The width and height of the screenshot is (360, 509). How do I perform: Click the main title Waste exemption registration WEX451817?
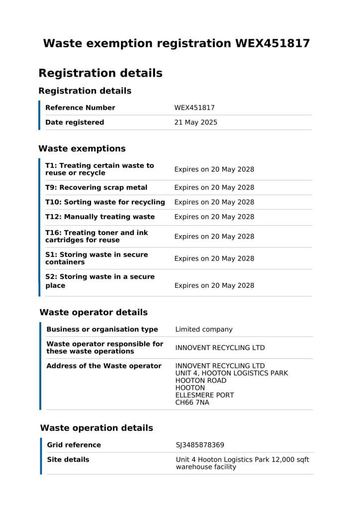(176, 44)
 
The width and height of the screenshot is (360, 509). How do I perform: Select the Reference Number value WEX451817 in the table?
(194, 108)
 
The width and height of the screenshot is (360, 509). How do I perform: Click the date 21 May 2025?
(195, 122)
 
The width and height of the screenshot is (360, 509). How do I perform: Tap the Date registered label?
(75, 122)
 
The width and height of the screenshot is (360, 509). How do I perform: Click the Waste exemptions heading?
(82, 149)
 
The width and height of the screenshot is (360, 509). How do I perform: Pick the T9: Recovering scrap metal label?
(96, 187)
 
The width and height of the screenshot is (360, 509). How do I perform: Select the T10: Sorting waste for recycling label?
(105, 202)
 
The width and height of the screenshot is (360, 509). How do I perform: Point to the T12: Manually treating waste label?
(100, 217)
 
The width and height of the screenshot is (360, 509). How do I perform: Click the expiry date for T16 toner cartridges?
(214, 237)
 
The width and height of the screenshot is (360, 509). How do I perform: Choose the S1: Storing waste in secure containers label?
(96, 258)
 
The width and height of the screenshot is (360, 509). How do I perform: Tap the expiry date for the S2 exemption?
(214, 285)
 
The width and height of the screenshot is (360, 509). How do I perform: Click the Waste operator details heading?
(93, 313)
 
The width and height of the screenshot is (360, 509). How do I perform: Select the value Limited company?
(204, 330)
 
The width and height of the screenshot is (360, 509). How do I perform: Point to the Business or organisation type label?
(102, 330)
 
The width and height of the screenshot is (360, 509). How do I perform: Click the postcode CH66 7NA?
(192, 403)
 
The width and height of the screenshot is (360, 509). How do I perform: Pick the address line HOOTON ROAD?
(201, 381)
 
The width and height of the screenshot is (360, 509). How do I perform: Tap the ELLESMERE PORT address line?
(205, 395)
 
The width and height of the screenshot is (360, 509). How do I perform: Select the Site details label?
(68, 460)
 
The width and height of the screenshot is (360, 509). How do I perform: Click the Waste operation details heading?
(96, 428)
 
